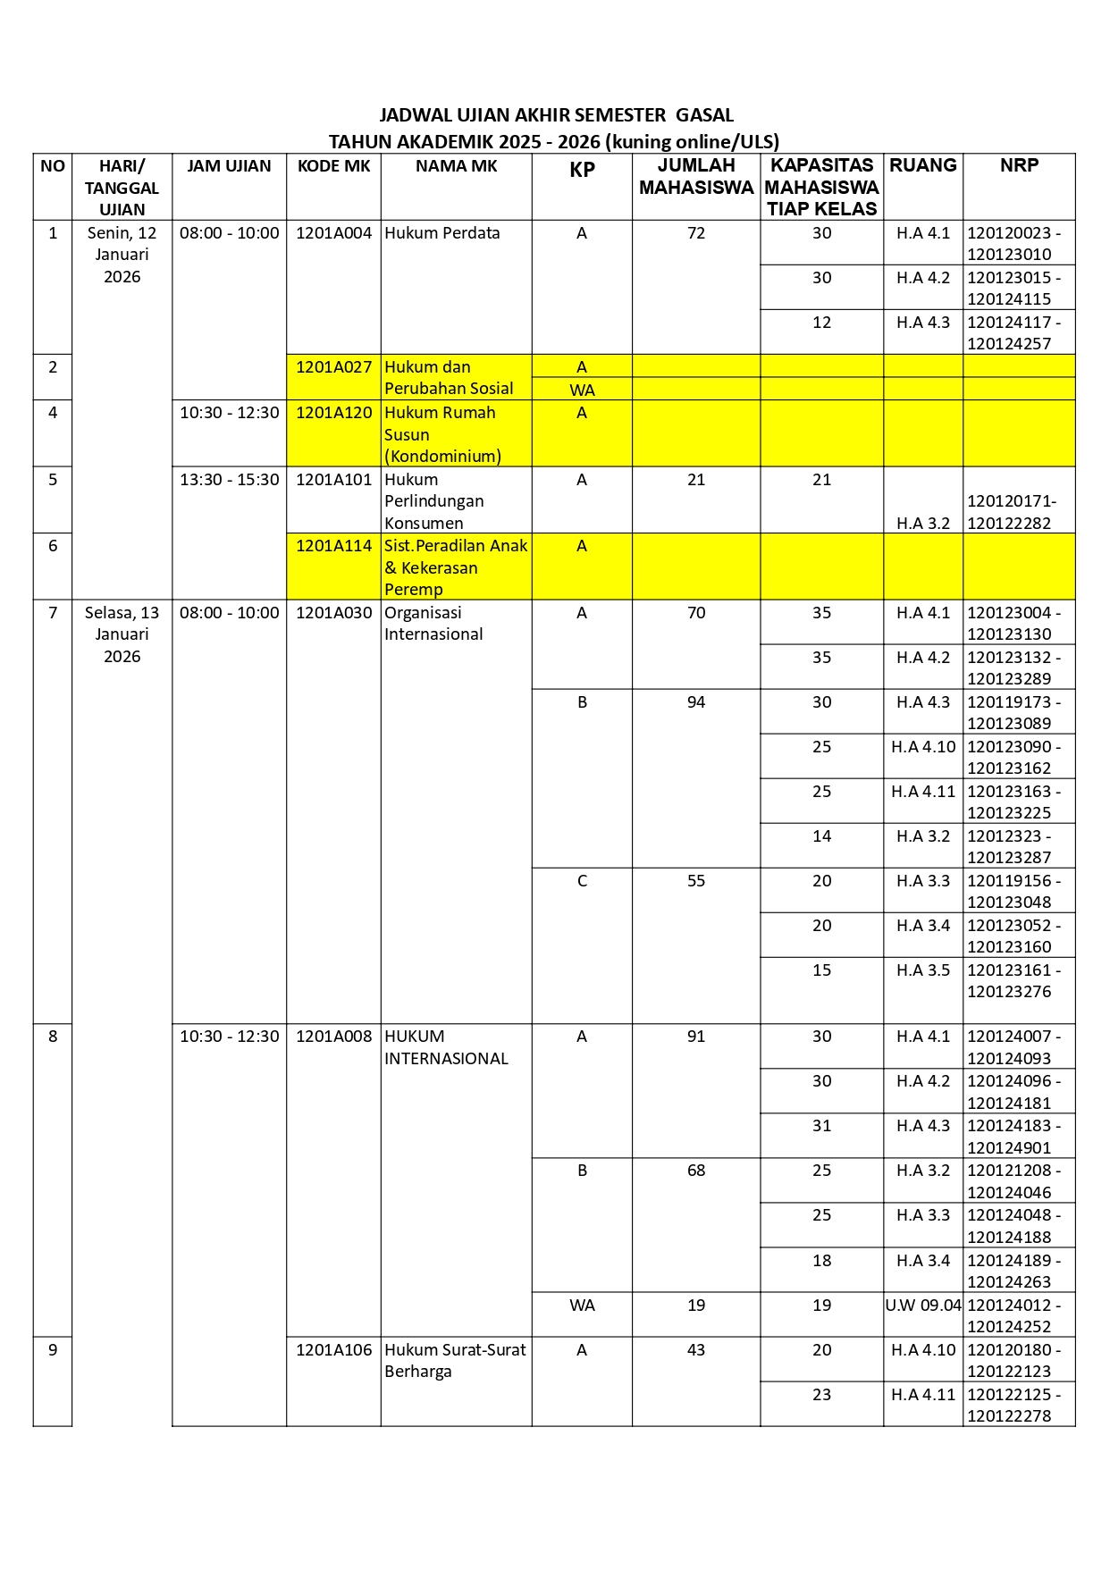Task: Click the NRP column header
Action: (1019, 165)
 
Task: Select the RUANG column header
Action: (922, 165)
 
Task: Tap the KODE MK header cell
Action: (333, 166)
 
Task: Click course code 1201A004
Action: (333, 233)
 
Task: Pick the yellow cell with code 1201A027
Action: (333, 367)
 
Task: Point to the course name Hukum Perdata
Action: (442, 233)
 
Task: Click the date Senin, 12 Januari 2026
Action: (122, 255)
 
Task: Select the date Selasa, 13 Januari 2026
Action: (122, 634)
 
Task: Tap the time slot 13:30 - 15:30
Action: (229, 480)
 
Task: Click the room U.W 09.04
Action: (923, 1306)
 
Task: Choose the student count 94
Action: (696, 702)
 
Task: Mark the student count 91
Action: (696, 1037)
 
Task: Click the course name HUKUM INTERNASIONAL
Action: (446, 1047)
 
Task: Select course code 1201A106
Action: (333, 1350)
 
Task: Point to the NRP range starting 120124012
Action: (1013, 1315)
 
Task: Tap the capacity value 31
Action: (821, 1126)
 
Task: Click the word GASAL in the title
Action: (704, 115)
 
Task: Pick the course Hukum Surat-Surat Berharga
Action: (455, 1361)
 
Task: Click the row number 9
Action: (53, 1350)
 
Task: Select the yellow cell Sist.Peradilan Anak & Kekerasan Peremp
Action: (456, 567)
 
